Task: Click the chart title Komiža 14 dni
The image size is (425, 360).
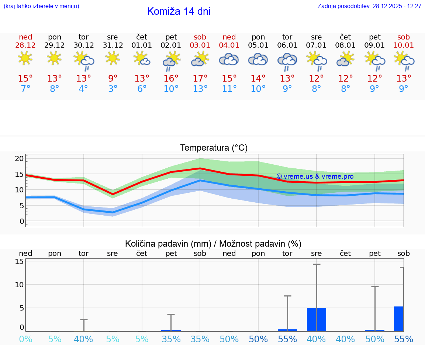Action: [179, 11]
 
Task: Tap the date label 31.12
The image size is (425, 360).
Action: [113, 45]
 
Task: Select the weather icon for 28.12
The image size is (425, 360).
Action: [25, 59]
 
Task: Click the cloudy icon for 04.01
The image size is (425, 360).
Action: [229, 59]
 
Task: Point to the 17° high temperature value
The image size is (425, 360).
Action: [200, 79]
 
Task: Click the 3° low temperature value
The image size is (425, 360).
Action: [113, 89]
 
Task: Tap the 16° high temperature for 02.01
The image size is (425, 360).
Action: [171, 79]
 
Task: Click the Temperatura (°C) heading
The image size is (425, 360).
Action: [214, 148]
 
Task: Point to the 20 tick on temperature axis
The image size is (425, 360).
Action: [20, 158]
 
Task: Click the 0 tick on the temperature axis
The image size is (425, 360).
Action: [22, 221]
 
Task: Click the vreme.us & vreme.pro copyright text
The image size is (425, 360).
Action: [315, 176]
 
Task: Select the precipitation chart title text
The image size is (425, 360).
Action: [213, 244]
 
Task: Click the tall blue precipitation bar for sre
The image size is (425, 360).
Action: [317, 319]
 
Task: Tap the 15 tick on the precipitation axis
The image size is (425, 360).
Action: [20, 261]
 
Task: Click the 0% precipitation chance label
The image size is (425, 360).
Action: [25, 339]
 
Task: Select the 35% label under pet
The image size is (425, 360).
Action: [171, 339]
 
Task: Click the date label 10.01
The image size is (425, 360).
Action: [404, 45]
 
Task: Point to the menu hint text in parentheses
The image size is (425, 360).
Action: [41, 6]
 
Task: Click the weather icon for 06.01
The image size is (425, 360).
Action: [287, 61]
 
